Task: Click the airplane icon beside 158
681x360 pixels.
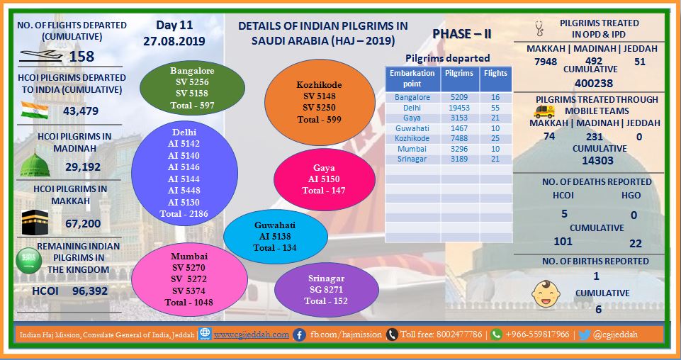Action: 41,55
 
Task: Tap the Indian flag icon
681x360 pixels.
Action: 34,111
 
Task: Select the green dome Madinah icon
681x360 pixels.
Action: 35,164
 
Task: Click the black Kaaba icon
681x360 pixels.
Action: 35,222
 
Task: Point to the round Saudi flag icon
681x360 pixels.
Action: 28,261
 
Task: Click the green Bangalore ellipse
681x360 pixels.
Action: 192,88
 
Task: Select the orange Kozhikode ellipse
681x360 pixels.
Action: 320,102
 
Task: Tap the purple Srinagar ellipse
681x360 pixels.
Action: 326,290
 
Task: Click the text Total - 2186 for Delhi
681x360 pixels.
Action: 184,213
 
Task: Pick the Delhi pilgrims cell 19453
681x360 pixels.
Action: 458,108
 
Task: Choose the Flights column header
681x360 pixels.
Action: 495,73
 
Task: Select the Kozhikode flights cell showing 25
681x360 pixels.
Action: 495,138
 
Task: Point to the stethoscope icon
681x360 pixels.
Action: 539,28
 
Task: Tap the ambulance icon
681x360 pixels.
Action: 544,111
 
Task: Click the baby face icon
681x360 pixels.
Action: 546,294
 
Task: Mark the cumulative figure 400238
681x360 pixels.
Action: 594,83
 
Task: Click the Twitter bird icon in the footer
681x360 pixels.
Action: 585,334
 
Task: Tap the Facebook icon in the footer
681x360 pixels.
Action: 299,334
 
